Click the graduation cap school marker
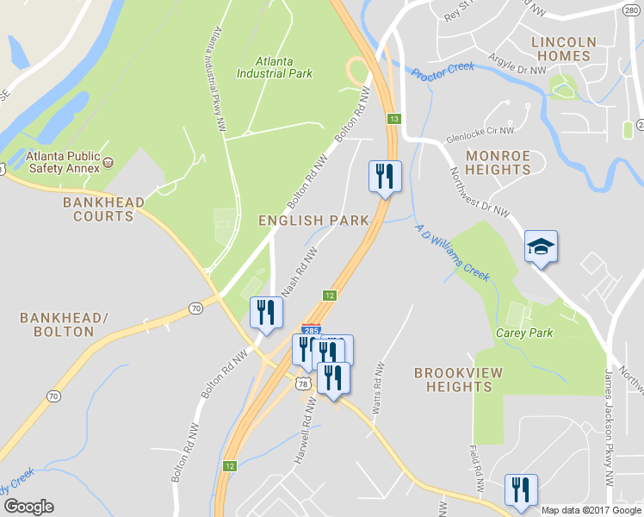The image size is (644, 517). pyautogui.click(x=542, y=247)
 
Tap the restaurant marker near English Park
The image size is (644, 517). pyautogui.click(x=384, y=177)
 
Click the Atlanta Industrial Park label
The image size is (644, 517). pyautogui.click(x=275, y=67)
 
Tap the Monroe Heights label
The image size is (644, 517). pyautogui.click(x=498, y=162)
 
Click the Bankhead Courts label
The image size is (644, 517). pyautogui.click(x=98, y=209)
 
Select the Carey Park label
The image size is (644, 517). pyautogui.click(x=524, y=333)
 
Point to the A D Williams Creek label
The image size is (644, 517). pyautogui.click(x=452, y=252)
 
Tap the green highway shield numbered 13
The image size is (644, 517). pyautogui.click(x=394, y=118)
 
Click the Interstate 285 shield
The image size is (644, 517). pyautogui.click(x=312, y=329)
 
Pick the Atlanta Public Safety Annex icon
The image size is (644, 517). pyautogui.click(x=108, y=161)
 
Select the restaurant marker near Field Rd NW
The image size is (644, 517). pyautogui.click(x=520, y=489)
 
